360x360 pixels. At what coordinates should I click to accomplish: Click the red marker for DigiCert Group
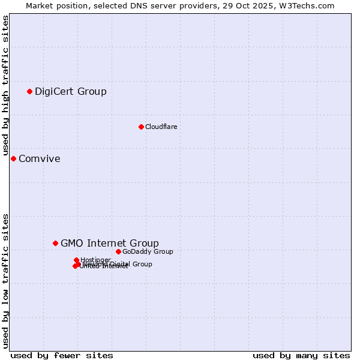[29, 91]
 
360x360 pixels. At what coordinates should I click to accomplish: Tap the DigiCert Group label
[70, 92]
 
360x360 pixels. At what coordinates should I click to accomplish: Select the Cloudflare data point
[141, 127]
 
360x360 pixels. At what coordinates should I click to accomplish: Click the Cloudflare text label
[161, 127]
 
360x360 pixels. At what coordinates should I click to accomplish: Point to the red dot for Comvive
[13, 158]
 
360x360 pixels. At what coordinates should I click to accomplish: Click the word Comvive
[39, 159]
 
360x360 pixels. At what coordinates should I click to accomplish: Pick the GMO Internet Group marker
[55, 243]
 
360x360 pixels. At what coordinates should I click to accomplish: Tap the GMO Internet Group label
[109, 243]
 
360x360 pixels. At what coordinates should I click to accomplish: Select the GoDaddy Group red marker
[118, 251]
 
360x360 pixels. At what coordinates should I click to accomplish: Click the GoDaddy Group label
[147, 251]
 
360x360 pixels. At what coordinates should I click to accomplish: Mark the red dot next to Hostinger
[77, 260]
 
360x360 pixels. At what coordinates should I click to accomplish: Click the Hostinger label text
[95, 260]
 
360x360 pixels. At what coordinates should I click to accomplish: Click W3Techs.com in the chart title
[308, 5]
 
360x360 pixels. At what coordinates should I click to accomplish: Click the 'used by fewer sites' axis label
[62, 355]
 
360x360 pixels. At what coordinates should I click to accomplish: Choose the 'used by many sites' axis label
[301, 355]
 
